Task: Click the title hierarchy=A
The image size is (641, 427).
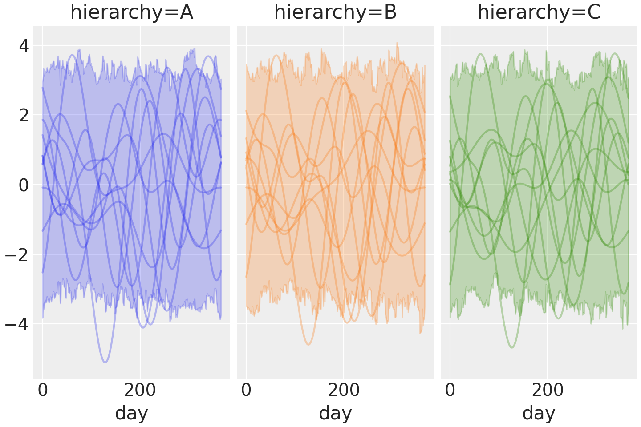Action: click(131, 12)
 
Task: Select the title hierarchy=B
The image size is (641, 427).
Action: click(335, 12)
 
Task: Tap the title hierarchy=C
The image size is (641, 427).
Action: click(539, 12)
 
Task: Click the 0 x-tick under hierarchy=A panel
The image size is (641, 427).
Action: click(43, 391)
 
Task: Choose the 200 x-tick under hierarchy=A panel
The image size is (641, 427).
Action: click(140, 391)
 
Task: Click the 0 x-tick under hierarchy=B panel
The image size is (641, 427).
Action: click(246, 391)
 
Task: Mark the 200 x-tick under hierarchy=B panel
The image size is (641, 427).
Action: click(344, 391)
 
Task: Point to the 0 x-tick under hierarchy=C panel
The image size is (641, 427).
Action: click(450, 391)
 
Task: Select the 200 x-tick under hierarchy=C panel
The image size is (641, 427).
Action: click(548, 391)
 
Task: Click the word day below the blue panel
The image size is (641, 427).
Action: click(131, 413)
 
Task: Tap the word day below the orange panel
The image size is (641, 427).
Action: click(335, 413)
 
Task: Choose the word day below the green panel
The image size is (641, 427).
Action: click(539, 413)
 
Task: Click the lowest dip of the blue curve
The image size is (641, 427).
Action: click(105, 362)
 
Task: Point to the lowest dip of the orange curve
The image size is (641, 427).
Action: click(308, 344)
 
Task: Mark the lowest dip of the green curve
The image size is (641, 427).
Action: click(511, 347)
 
